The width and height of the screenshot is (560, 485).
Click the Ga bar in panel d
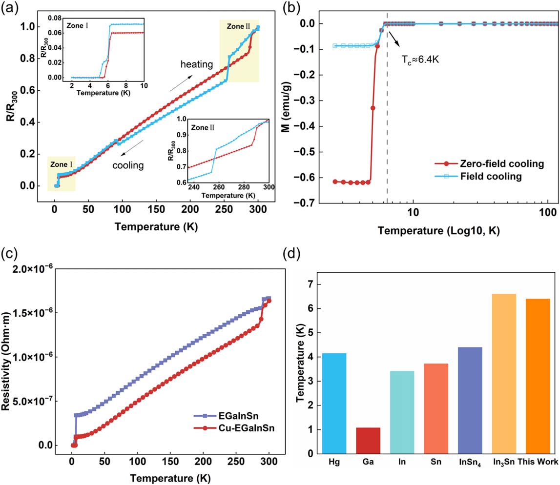point(368,441)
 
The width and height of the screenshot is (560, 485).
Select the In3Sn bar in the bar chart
point(503,374)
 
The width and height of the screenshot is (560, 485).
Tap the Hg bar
point(334,404)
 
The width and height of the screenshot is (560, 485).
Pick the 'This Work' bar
point(538,376)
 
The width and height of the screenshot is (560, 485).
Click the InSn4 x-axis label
point(470,463)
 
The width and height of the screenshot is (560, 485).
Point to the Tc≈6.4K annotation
point(420,60)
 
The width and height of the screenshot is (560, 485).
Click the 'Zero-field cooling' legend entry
point(489,164)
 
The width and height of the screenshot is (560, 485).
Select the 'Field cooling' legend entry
point(478,176)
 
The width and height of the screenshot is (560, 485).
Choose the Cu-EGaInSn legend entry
point(234,428)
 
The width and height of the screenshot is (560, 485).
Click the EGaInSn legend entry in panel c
point(226,416)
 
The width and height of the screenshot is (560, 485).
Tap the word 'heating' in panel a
point(196,64)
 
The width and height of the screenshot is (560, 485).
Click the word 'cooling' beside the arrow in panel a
point(128,165)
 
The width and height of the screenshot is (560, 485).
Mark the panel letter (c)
point(10,253)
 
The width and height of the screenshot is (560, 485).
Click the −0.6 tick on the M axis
point(303,178)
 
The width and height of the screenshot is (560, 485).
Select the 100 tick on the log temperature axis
point(548,212)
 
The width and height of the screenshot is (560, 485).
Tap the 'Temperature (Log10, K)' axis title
point(438,230)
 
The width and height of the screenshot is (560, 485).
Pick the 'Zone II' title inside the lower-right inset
point(203,128)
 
